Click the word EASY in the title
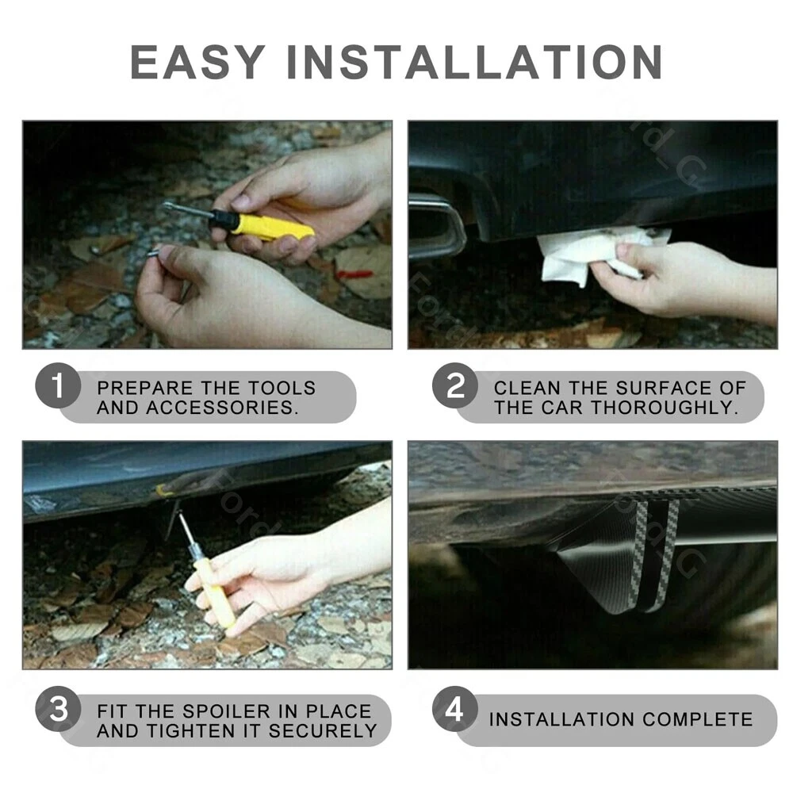(197, 62)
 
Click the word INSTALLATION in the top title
(475, 62)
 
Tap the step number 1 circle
(58, 386)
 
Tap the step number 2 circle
(455, 386)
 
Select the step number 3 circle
(58, 709)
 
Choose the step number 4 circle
(455, 709)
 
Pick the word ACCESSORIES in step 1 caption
(220, 408)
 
